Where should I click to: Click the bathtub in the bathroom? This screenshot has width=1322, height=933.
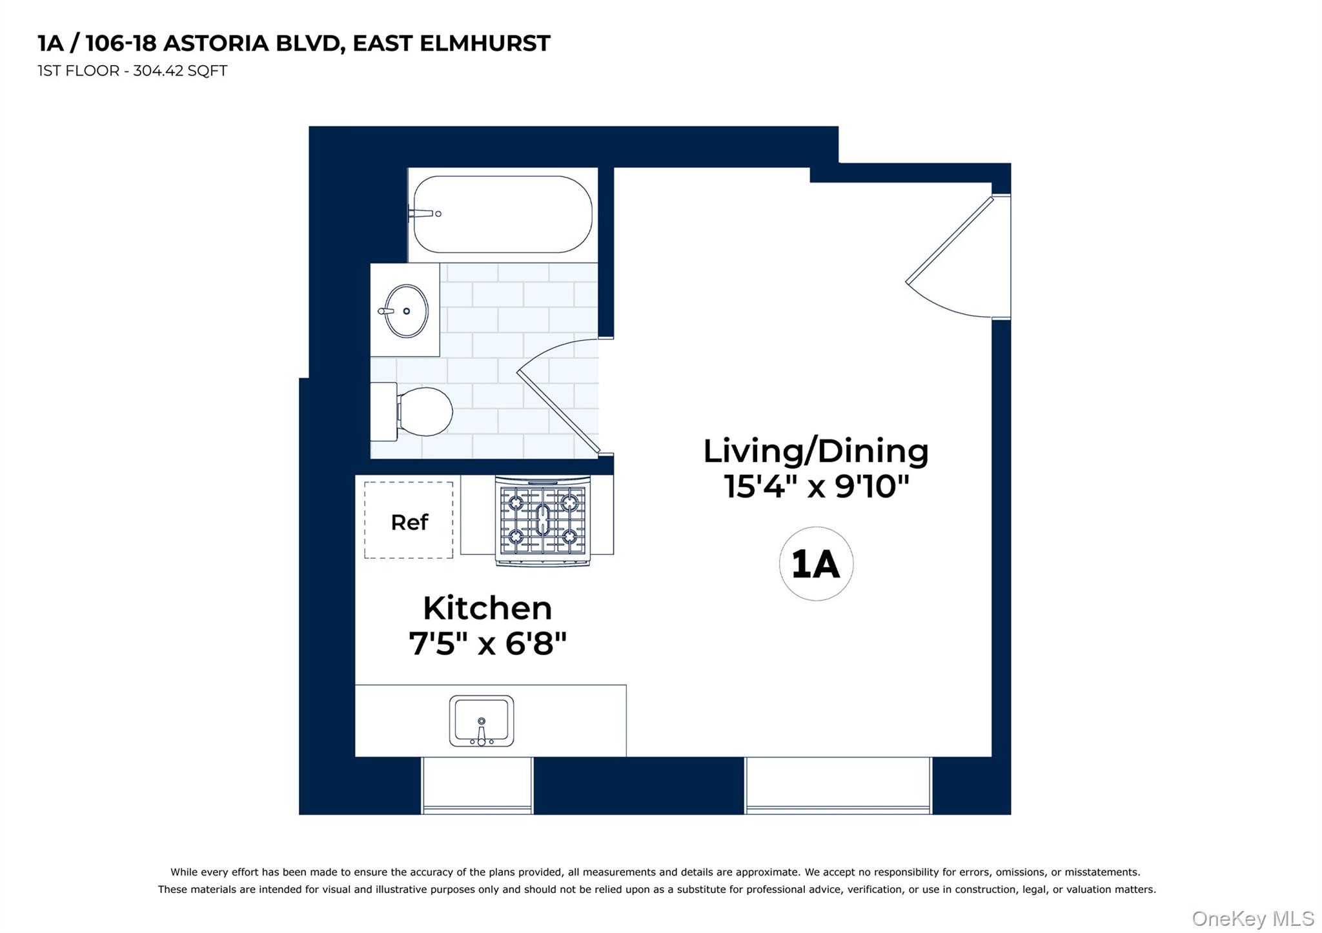[502, 214]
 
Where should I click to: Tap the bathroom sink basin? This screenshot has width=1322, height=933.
[407, 311]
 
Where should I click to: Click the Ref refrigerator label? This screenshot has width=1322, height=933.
[409, 522]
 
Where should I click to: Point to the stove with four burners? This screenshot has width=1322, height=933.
[543, 520]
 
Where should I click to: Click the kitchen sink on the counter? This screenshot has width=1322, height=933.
[482, 721]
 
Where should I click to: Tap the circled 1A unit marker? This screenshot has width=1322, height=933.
[816, 564]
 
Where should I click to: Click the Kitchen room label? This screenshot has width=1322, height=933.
[487, 608]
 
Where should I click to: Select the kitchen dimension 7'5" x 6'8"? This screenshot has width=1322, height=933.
[487, 643]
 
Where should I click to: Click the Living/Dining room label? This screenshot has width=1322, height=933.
[816, 451]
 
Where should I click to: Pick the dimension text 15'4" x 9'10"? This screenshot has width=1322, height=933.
[816, 486]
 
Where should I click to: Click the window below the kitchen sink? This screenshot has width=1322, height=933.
[477, 785]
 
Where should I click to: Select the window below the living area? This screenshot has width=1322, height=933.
[838, 785]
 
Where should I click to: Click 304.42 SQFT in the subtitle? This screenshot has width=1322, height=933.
[180, 71]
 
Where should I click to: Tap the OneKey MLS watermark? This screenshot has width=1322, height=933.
[1252, 918]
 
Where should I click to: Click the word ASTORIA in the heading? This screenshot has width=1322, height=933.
[216, 43]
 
